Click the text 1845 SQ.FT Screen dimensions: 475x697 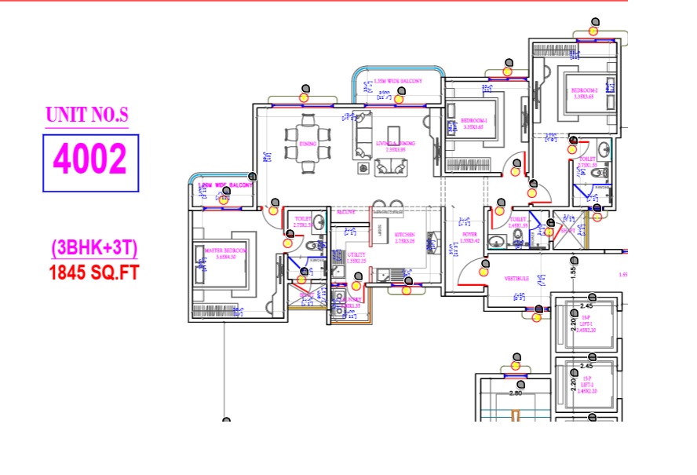pyautogui.click(x=93, y=273)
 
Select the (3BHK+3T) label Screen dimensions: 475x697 pyautogui.click(x=94, y=249)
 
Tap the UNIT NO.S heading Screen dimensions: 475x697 pyautogui.click(x=86, y=115)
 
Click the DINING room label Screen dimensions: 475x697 pyautogui.click(x=286, y=144)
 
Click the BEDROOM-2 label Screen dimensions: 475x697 pyautogui.click(x=585, y=91)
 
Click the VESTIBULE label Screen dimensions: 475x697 pyautogui.click(x=517, y=278)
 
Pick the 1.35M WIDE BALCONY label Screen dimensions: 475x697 pyautogui.click(x=398, y=81)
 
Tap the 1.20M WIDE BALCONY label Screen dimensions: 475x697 pyautogui.click(x=223, y=185)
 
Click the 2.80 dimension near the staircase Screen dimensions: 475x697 pyautogui.click(x=516, y=393)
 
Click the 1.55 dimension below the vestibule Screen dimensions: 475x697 pyautogui.click(x=574, y=271)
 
